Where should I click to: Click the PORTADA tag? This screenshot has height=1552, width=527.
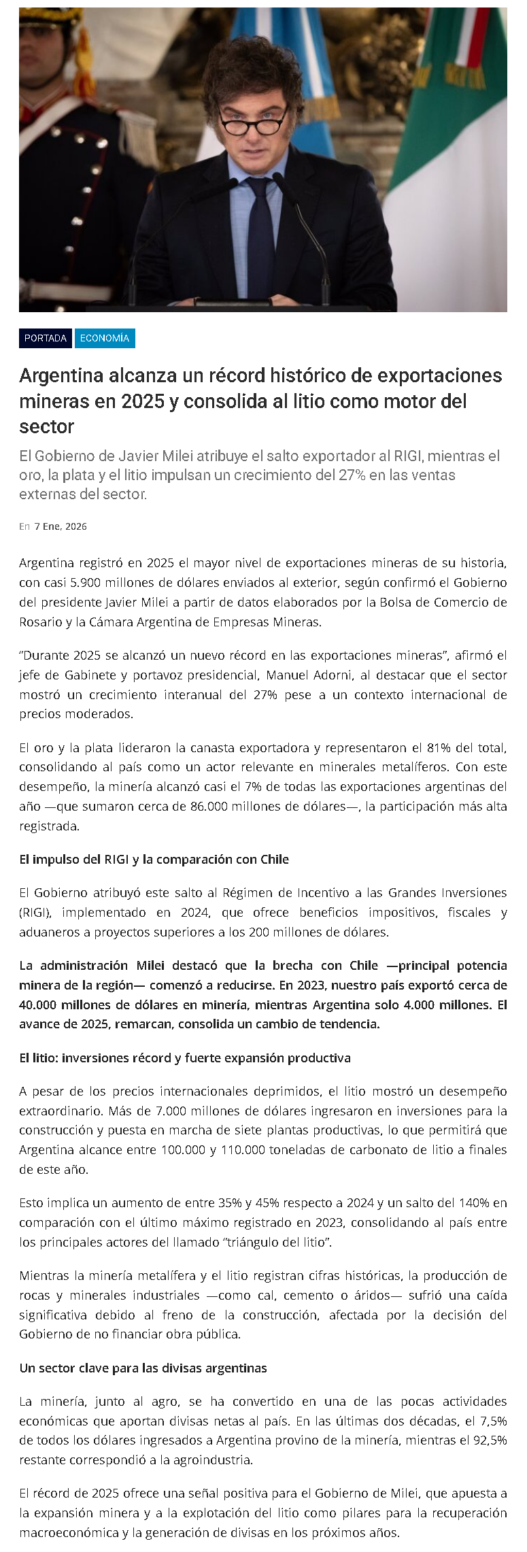pyautogui.click(x=46, y=338)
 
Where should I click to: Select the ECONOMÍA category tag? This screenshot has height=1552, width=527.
pyautogui.click(x=105, y=338)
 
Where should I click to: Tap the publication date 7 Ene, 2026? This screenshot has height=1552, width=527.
pyautogui.click(x=61, y=526)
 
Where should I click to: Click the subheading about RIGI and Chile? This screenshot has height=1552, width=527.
pyautogui.click(x=154, y=860)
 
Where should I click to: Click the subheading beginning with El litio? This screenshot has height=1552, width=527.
pyautogui.click(x=185, y=1058)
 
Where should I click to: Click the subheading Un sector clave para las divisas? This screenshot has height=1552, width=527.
pyautogui.click(x=143, y=1368)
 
